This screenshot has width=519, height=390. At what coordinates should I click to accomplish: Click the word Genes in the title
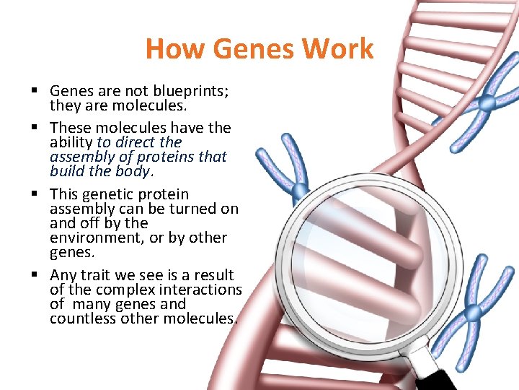[x=241, y=49]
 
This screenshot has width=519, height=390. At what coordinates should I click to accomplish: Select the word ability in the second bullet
[x=71, y=143]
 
